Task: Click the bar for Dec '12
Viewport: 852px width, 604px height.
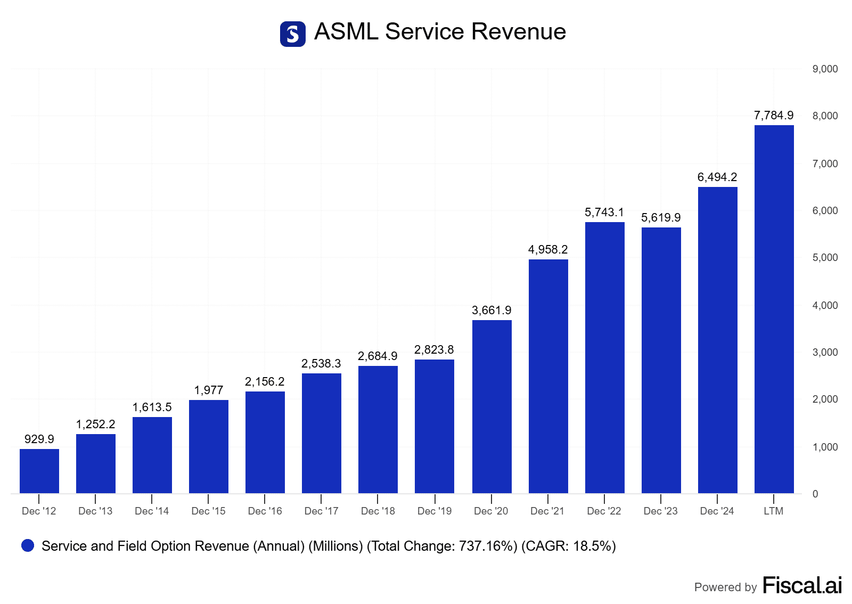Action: (39, 471)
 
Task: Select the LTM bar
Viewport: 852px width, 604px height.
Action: (774, 309)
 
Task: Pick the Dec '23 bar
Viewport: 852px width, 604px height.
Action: (661, 360)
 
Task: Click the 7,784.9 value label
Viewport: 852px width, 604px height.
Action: (773, 116)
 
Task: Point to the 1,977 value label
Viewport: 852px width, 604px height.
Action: (209, 390)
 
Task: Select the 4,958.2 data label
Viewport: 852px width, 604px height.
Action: (548, 250)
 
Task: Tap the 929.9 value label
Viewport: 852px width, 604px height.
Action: (39, 439)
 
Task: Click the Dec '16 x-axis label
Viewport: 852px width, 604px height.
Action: (265, 511)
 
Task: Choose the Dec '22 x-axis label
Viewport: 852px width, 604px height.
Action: (604, 511)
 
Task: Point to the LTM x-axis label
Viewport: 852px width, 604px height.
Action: (773, 511)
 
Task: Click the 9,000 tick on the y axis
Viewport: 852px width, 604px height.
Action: (825, 69)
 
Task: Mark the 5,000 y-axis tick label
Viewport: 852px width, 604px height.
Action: (825, 258)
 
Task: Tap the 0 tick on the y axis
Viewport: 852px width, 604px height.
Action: (815, 494)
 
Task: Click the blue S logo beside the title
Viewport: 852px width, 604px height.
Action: (293, 34)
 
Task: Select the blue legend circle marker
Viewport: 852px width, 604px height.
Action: (28, 545)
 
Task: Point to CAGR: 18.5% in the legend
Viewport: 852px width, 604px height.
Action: (568, 546)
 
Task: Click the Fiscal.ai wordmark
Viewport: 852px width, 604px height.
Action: (802, 585)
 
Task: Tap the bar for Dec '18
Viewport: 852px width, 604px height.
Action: (378, 429)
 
